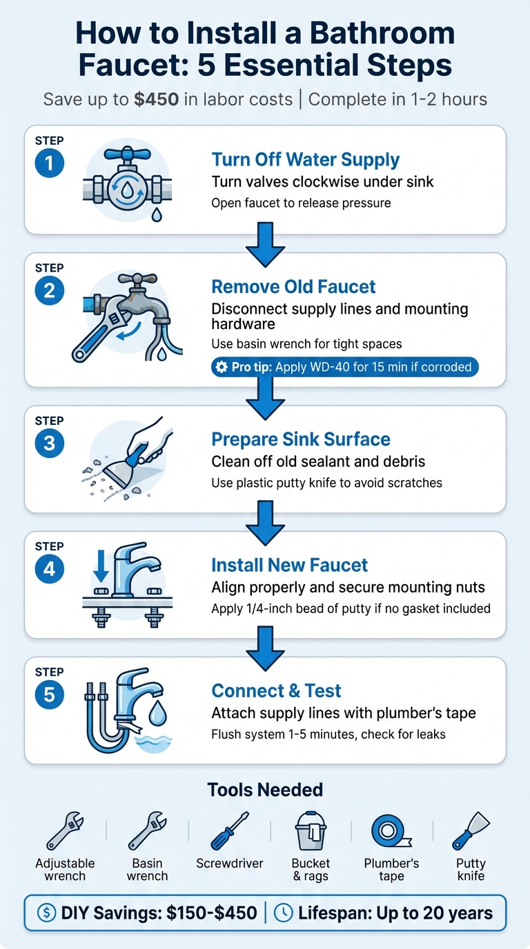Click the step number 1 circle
[x=49, y=164]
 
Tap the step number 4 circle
[x=49, y=570]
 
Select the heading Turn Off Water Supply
[x=305, y=160]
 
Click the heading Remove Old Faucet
[x=293, y=287]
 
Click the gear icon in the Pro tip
[x=222, y=367]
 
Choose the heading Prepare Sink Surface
[x=301, y=439]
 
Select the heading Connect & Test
[x=276, y=691]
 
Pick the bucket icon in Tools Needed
[x=311, y=831]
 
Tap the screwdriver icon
[x=230, y=831]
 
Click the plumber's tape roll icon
[x=391, y=831]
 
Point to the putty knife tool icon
[x=471, y=831]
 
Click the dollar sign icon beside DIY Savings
[x=46, y=914]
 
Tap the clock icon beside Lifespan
[x=283, y=914]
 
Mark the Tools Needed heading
[x=265, y=790]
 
